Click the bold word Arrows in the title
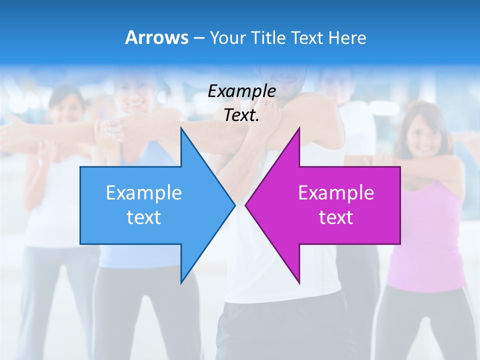click(156, 37)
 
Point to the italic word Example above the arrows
click(242, 91)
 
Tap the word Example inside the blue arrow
click(144, 193)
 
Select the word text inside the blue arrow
click(144, 217)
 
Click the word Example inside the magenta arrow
click(336, 193)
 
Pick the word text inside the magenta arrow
click(336, 217)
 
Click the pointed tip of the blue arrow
click(234, 205)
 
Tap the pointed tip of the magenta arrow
click(246, 205)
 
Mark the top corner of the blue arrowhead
click(181, 128)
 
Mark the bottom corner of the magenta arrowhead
click(299, 283)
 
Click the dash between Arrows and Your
click(198, 38)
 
